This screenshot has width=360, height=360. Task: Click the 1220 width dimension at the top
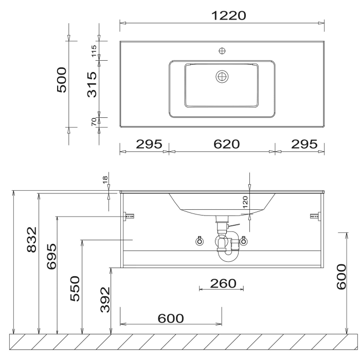tap(228, 15)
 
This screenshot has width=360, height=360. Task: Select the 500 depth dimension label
tap(62, 80)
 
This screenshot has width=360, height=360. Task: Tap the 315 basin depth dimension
tap(92, 84)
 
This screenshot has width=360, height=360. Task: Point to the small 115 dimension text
tap(94, 51)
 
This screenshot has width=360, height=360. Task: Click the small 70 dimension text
tap(94, 122)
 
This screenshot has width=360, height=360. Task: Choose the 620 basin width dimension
tap(227, 144)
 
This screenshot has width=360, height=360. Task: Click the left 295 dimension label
tap(149, 144)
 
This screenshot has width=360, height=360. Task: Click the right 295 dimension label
tap(304, 144)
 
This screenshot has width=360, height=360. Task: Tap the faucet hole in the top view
tap(222, 51)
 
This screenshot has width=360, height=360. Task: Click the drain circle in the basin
tap(222, 77)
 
